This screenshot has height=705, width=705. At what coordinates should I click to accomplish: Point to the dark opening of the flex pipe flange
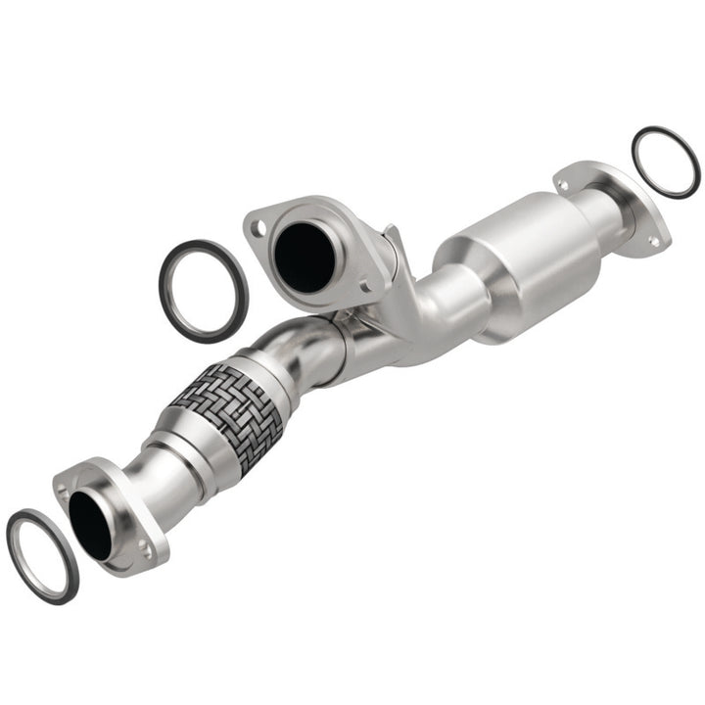coord(90,524)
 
